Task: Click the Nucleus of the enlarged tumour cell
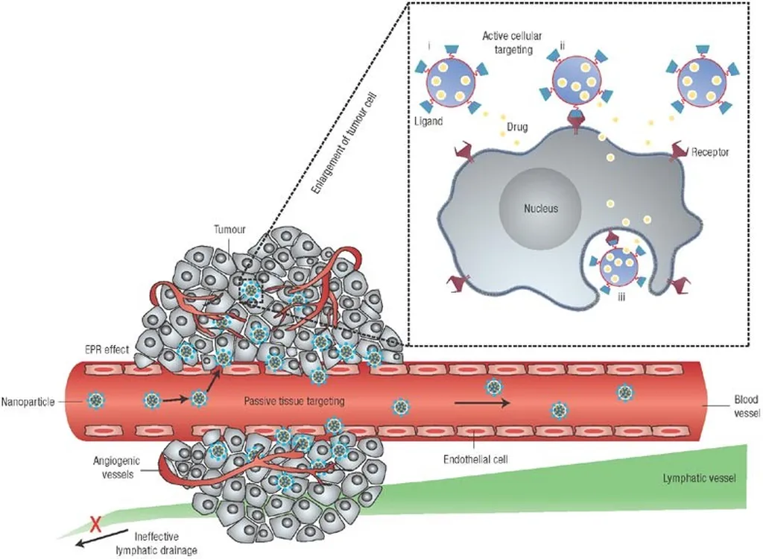tap(539, 208)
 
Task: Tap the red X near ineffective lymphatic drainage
tap(95, 523)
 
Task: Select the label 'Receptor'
tap(709, 151)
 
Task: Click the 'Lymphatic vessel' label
tap(699, 479)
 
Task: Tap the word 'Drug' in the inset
tap(516, 127)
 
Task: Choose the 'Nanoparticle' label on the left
tap(29, 399)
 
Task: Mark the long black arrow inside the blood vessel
tap(482, 403)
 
